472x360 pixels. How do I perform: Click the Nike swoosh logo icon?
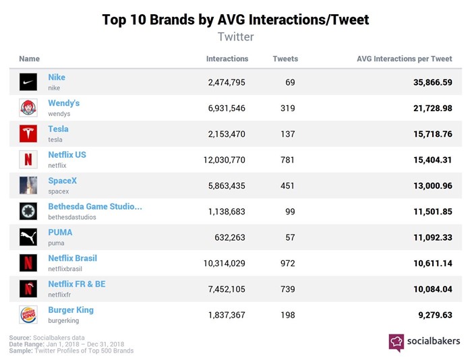point(28,82)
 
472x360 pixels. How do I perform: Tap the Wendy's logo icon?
point(28,108)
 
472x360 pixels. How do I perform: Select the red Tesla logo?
point(28,133)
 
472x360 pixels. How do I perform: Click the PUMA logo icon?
point(28,237)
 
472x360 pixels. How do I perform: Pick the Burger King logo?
point(28,315)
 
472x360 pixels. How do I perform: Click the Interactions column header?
point(227,59)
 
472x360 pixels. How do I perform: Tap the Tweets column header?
point(285,59)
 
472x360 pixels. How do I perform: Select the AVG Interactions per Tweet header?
point(404,59)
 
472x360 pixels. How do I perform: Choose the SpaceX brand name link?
point(62,181)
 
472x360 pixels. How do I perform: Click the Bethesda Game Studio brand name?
point(94,206)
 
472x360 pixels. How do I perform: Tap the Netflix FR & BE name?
point(77,284)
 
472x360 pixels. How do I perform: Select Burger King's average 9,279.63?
point(430,315)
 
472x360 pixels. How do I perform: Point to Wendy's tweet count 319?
point(287,108)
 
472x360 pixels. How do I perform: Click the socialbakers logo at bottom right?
point(424,342)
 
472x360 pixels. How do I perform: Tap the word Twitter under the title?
point(235,36)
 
